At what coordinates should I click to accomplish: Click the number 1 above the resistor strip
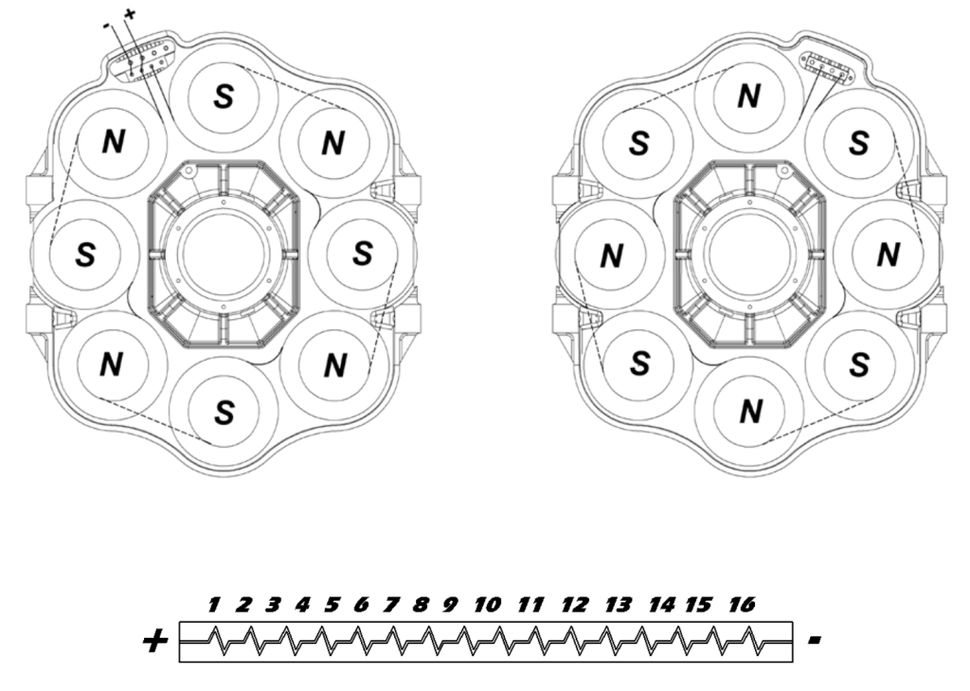click(214, 604)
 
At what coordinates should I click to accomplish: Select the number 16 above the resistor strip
click(743, 604)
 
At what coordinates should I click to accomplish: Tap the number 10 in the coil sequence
click(488, 604)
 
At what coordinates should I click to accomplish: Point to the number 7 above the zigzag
click(391, 604)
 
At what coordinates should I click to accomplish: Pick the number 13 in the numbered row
click(618, 604)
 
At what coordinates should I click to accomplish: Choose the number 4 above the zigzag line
click(302, 604)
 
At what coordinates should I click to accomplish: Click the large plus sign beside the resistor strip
click(155, 641)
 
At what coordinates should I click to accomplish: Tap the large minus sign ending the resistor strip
click(815, 640)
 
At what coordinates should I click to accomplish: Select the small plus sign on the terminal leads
click(129, 13)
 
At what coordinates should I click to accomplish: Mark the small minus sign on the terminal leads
click(107, 26)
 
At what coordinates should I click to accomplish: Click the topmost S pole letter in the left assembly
click(224, 97)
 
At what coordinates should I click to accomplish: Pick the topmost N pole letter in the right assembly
click(748, 97)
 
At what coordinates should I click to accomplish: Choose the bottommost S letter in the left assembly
click(224, 412)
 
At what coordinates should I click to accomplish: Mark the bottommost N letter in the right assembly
click(750, 411)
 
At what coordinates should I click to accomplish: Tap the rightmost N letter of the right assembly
click(889, 255)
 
